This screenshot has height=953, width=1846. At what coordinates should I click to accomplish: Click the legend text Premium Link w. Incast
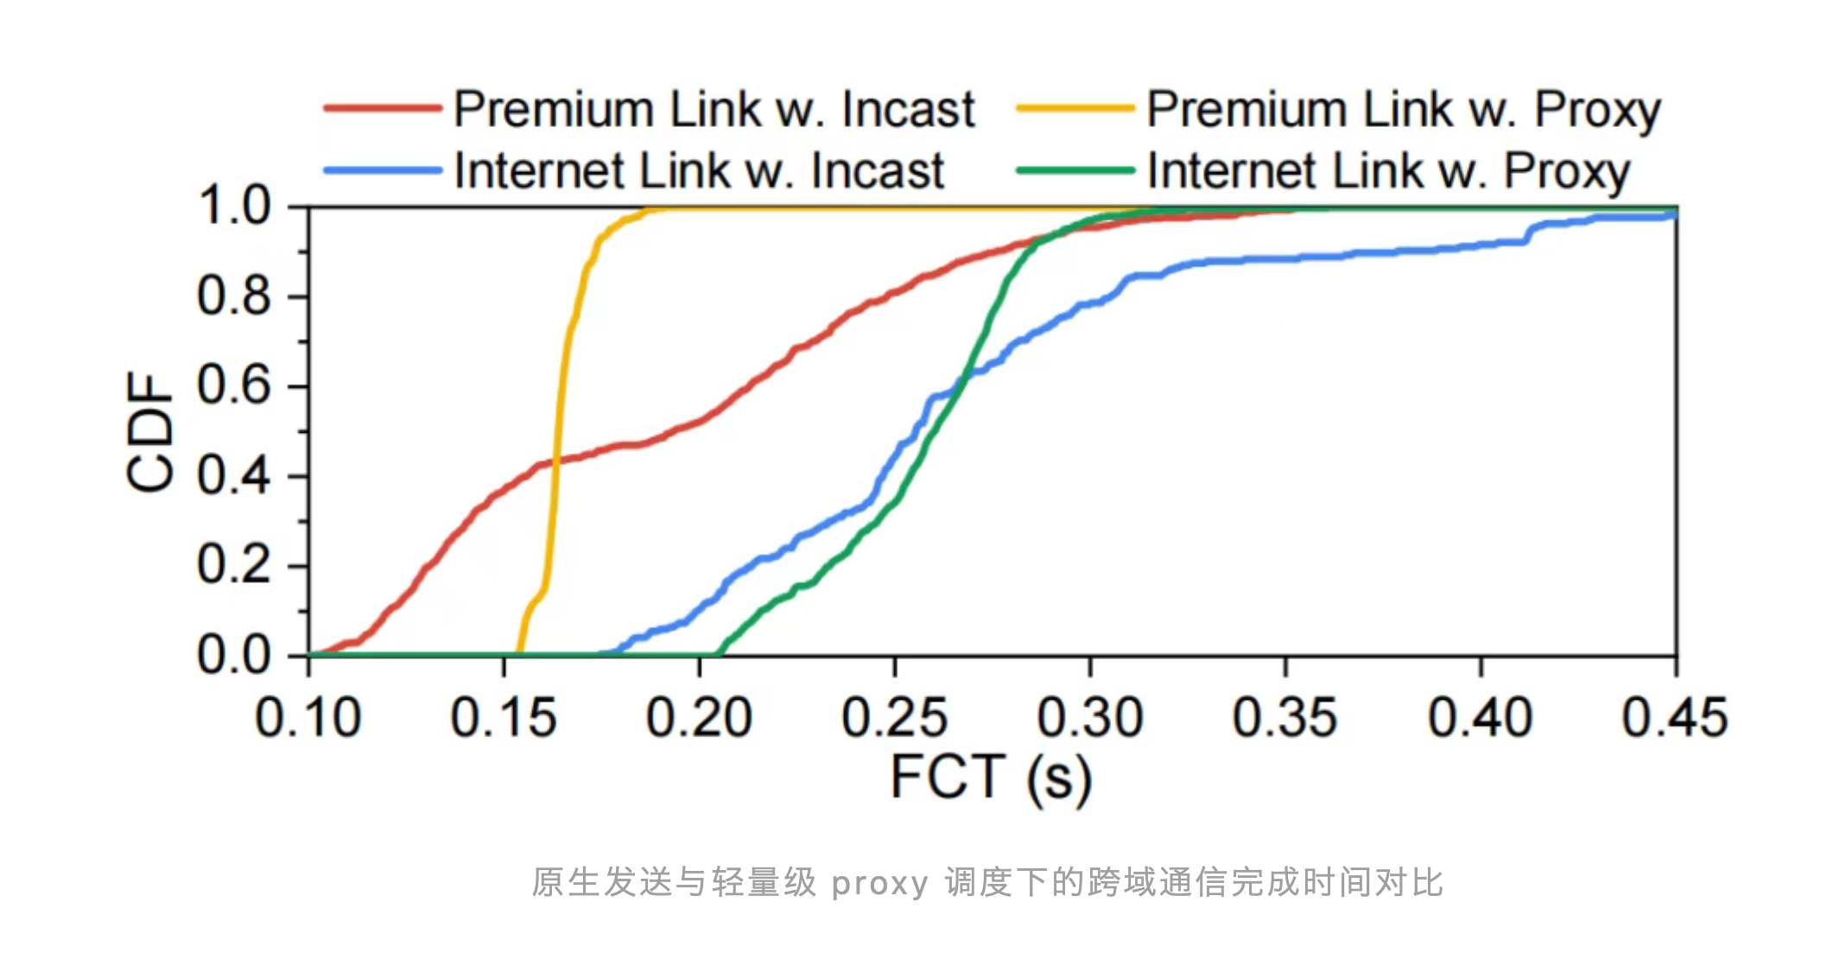[714, 110]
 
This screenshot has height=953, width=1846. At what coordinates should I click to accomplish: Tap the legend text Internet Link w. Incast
[699, 170]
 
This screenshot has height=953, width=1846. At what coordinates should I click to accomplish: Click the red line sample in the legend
[383, 109]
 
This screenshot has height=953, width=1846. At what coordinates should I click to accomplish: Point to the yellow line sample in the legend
[1075, 109]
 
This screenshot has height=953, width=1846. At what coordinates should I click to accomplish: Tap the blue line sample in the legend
[383, 170]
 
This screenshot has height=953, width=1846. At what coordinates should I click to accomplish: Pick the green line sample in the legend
[1075, 170]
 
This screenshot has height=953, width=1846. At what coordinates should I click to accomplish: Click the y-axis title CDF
[150, 432]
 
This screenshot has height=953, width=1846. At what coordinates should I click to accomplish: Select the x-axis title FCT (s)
[991, 778]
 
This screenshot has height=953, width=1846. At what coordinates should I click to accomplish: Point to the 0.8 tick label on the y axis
[233, 296]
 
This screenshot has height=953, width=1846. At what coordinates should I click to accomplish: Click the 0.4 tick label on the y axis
[233, 476]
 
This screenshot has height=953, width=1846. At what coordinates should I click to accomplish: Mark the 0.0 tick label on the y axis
[233, 655]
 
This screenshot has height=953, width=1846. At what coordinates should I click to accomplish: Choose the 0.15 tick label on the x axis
[504, 718]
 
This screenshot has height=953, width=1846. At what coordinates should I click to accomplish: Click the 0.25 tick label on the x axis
[895, 718]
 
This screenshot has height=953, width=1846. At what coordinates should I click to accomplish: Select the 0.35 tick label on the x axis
[1285, 718]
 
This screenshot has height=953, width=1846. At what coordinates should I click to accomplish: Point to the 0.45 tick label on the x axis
[1675, 718]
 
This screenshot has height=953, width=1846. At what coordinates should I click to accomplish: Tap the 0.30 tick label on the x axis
[1090, 718]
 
